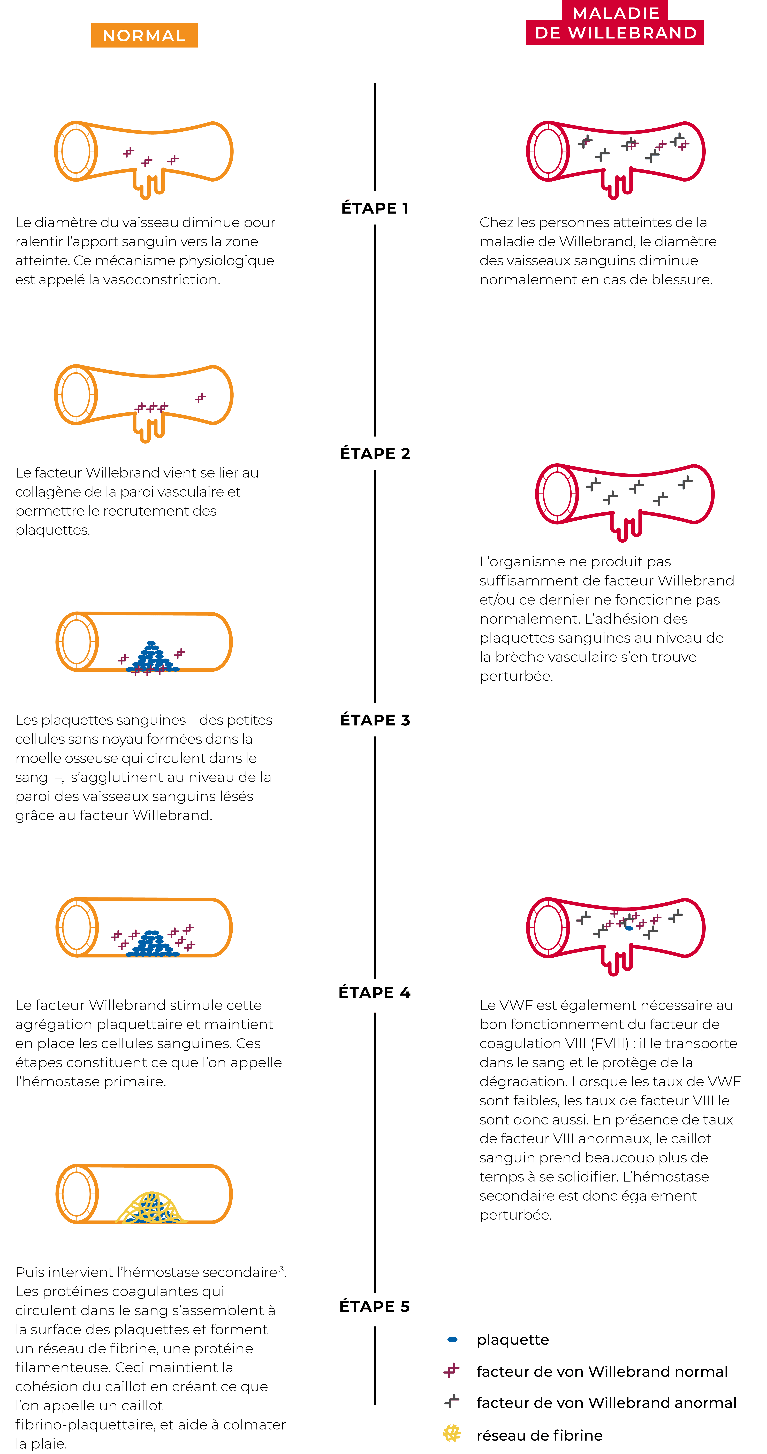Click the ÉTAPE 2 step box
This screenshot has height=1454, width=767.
point(374,453)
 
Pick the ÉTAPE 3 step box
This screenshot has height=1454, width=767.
point(374,720)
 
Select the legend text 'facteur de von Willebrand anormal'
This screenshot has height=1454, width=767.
point(606,1403)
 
